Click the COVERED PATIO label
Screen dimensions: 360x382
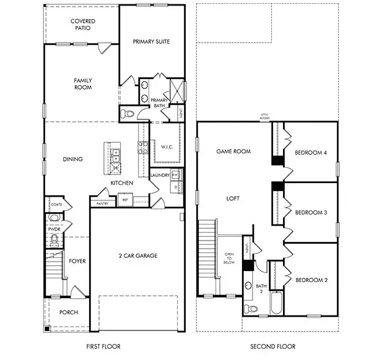(82, 24)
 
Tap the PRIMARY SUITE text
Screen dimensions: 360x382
(151, 41)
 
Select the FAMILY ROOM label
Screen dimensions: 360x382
(82, 84)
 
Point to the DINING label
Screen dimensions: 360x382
(72, 159)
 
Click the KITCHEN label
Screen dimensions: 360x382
(122, 183)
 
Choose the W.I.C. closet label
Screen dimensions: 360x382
(166, 147)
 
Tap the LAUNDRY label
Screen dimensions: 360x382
(160, 175)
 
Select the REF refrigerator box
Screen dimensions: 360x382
(125, 200)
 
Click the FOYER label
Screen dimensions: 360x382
(77, 261)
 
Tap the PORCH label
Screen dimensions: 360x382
(68, 312)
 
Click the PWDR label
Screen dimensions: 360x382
(53, 228)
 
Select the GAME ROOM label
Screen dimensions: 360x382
(233, 151)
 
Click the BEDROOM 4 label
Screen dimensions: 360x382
(311, 153)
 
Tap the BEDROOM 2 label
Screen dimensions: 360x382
(311, 280)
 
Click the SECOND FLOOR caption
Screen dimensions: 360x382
(272, 346)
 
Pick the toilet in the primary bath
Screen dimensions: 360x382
(128, 114)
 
